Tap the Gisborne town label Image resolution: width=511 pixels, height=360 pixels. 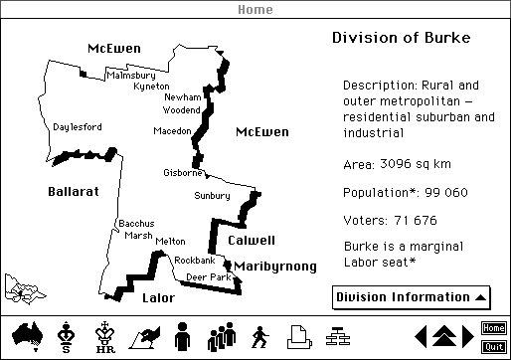[x=182, y=173]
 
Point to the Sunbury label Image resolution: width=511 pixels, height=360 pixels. [x=212, y=196]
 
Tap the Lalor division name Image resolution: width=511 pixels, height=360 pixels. [x=158, y=297]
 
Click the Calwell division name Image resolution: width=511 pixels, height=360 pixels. [x=252, y=241]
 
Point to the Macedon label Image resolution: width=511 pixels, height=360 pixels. [x=171, y=131]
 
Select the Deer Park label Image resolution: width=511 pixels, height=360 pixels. [x=208, y=277]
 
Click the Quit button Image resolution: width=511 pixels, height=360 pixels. [x=493, y=346]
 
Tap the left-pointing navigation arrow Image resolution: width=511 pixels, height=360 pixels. [x=421, y=336]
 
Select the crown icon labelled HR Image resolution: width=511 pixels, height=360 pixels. [x=102, y=336]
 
